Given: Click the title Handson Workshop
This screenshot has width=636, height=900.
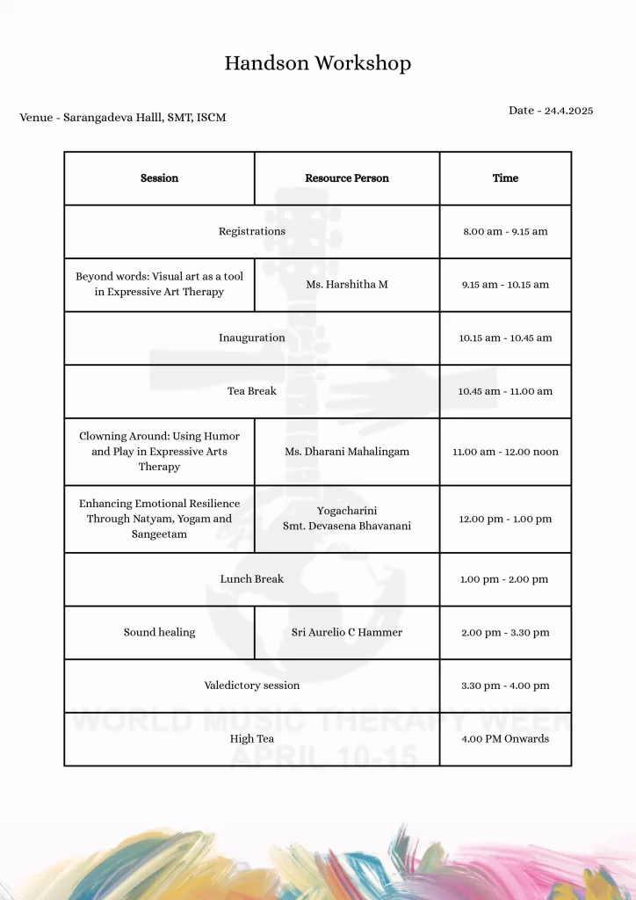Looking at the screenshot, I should (x=317, y=63).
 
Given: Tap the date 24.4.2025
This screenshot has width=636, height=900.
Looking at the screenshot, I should (x=551, y=111).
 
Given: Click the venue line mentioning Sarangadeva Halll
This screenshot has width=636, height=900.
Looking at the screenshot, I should (x=123, y=117).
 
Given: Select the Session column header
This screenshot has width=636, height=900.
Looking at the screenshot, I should (x=159, y=178).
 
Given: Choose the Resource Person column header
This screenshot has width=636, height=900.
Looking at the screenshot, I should (x=347, y=178).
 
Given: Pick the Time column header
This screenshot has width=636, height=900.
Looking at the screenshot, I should (x=505, y=178).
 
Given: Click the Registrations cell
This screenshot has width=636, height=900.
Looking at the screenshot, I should (x=252, y=231).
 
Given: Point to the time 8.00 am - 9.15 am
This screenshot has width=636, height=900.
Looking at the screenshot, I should (x=505, y=231).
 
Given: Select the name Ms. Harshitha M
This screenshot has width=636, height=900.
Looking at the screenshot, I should (x=347, y=285).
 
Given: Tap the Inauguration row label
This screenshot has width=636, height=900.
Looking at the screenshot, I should (x=252, y=337).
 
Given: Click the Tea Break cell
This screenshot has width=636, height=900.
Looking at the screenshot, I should (x=252, y=391).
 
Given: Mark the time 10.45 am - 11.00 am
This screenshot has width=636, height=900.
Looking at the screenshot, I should (x=505, y=391).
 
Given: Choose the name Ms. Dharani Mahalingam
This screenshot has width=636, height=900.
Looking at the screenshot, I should (x=347, y=452).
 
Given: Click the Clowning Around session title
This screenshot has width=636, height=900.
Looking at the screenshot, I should (x=159, y=451).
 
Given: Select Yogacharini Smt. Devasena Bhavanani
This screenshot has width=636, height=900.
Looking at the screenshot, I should (x=347, y=519).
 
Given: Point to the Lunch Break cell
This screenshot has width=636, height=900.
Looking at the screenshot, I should (x=252, y=579).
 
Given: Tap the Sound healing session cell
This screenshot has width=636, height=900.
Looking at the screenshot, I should (x=159, y=633).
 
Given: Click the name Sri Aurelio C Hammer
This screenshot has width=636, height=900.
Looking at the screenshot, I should (x=347, y=633).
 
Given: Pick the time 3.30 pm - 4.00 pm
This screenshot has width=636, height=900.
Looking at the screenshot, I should (x=505, y=686).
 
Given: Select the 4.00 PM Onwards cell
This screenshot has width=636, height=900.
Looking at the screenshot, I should (x=505, y=739).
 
